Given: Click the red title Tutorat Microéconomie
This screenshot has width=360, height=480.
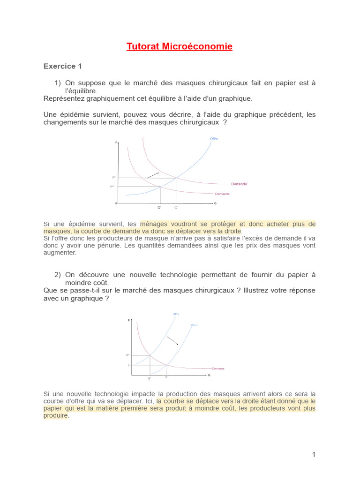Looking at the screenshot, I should (180, 46).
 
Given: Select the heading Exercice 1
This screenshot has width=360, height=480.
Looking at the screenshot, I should (63, 67).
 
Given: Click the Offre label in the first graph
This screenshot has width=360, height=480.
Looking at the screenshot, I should (214, 139).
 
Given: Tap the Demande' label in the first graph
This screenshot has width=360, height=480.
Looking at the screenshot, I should (239, 184).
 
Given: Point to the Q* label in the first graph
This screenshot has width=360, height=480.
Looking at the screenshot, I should (159, 207).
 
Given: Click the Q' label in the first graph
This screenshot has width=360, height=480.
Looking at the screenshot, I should (176, 207).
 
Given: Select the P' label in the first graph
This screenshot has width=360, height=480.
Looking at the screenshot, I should (113, 178).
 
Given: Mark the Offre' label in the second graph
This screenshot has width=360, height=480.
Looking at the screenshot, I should (194, 324).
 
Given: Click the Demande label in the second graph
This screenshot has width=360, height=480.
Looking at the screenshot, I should (218, 368).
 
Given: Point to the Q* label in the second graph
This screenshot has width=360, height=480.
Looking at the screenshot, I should (150, 378).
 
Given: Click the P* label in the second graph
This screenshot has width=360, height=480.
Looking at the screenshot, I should (127, 355).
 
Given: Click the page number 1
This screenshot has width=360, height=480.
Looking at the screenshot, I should (314, 454).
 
